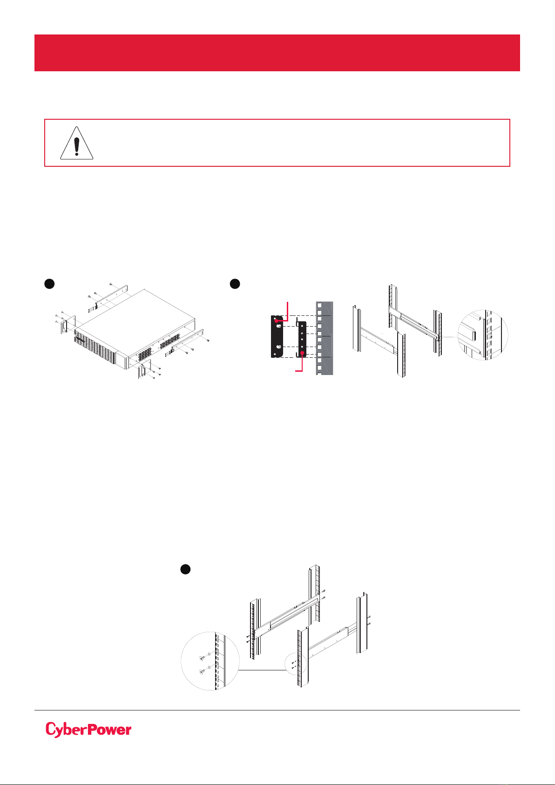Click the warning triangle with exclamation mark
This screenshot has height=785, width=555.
[76, 143]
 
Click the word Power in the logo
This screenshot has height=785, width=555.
[109, 730]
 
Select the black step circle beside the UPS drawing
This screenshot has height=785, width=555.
[49, 284]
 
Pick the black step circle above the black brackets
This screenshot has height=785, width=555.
[235, 284]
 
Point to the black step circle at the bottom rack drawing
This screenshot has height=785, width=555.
[185, 569]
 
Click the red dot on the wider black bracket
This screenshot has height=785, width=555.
[276, 321]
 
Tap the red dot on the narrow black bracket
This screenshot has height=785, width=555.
[302, 353]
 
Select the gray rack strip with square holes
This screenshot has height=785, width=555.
[324, 338]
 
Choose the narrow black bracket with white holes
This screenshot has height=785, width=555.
[302, 339]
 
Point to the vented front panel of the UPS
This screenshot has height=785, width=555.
[95, 348]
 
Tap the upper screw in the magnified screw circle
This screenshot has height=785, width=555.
[203, 658]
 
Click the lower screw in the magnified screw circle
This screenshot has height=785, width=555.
[202, 672]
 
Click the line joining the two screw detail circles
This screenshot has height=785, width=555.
[262, 670]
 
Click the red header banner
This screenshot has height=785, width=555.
[277, 53]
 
